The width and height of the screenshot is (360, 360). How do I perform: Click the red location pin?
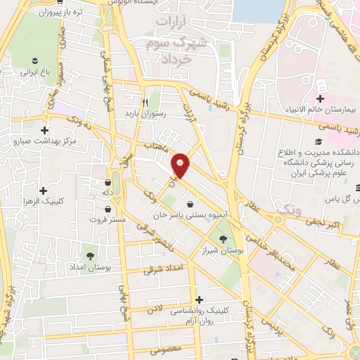181,165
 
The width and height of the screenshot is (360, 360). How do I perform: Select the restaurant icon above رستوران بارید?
144,101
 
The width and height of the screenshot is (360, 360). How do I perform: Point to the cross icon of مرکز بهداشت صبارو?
45,130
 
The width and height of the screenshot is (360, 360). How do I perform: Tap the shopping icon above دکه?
107,176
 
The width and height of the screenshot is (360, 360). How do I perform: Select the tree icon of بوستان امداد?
89,256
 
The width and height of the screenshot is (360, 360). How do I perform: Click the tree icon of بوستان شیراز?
224,239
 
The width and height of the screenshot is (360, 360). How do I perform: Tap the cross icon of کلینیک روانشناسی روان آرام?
198,300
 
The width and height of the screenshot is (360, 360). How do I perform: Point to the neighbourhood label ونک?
289,209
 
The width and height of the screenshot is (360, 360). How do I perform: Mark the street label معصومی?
167,348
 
